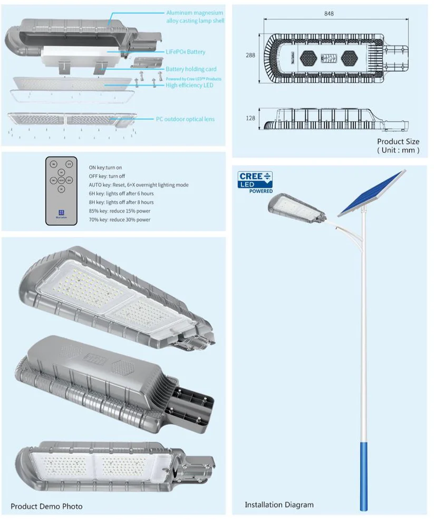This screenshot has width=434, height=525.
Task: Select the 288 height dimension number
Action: point(250,55)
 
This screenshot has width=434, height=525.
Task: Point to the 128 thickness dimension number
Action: point(250,118)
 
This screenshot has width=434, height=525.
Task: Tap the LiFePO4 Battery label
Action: point(185,52)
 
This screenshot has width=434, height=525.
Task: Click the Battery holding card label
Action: point(191,69)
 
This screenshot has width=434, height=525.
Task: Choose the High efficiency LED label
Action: point(189,85)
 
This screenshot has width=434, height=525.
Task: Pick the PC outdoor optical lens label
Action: point(185,119)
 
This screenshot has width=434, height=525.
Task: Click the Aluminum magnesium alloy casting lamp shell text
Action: point(195,16)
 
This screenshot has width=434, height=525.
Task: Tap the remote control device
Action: point(61,192)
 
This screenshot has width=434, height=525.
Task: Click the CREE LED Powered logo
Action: point(256,182)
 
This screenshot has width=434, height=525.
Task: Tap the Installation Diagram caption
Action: point(279,505)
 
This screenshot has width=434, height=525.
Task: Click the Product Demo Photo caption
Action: point(46,507)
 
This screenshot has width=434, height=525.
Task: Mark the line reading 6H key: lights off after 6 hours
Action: point(121,194)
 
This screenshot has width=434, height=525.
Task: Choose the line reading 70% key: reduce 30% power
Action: point(119,219)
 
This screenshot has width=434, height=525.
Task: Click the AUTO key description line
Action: point(138,185)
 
